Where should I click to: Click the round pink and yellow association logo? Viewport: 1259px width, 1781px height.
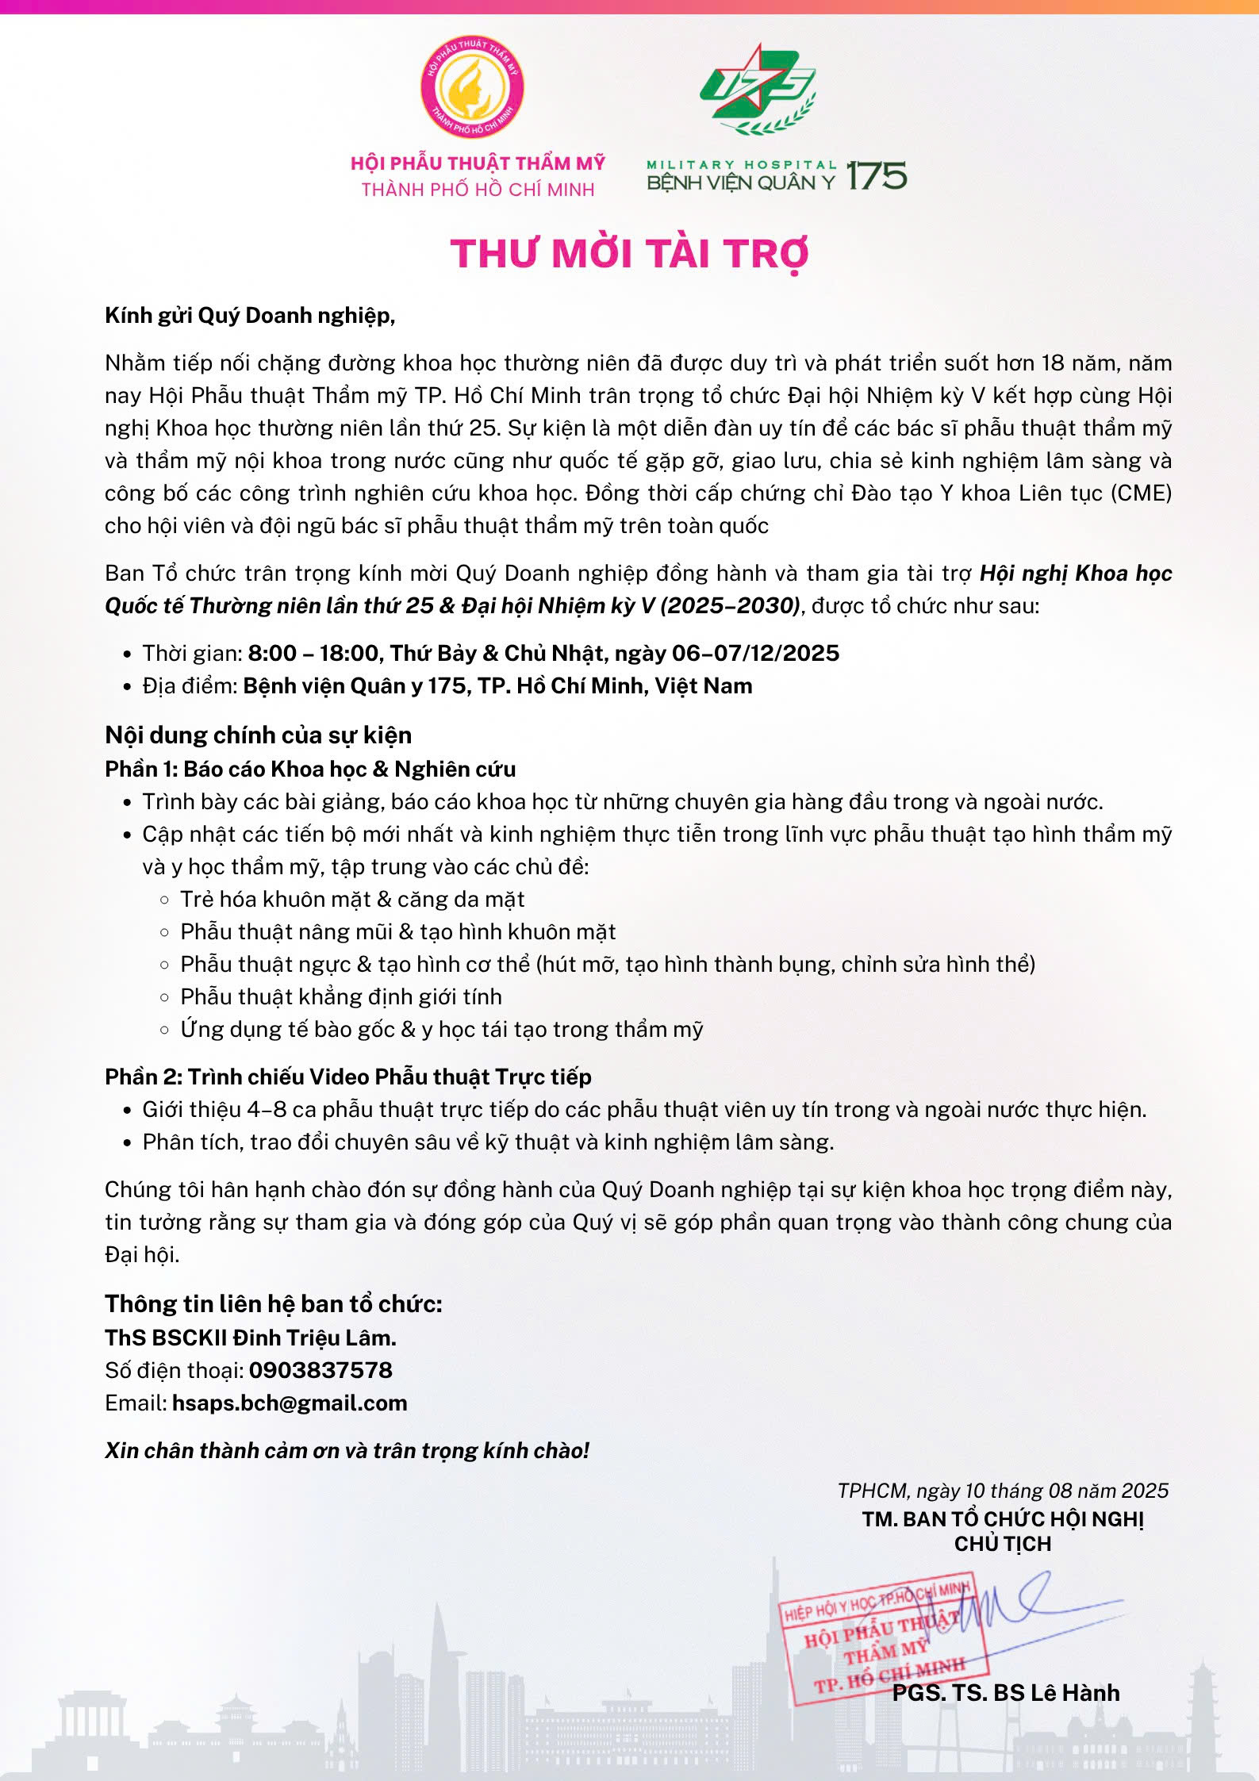472,86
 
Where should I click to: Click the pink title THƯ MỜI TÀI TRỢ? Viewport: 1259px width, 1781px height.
629,254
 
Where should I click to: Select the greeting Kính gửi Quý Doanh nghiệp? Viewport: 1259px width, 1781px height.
250,316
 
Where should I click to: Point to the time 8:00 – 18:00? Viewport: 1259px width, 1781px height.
313,653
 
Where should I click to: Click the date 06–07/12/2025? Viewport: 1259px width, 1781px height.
755,653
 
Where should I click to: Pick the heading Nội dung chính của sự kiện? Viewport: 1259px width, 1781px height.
258,735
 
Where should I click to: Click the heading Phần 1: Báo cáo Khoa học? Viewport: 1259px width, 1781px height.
310,769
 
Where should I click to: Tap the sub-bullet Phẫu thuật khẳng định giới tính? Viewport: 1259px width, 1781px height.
341,996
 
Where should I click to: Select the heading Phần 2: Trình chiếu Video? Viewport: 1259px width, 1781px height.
347,1077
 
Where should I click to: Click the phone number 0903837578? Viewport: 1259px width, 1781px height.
321,1370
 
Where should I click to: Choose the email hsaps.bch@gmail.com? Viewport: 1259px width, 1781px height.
290,1403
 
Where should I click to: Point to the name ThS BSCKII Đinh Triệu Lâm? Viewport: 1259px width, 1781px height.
250,1338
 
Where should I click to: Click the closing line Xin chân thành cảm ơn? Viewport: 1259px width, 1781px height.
347,1450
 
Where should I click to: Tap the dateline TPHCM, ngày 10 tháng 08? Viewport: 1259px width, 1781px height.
1003,1491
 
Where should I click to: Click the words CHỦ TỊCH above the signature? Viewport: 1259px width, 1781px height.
1003,1544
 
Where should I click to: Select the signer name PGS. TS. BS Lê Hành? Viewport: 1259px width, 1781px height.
1006,1692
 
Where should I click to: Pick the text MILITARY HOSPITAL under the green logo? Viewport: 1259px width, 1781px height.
742,165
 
